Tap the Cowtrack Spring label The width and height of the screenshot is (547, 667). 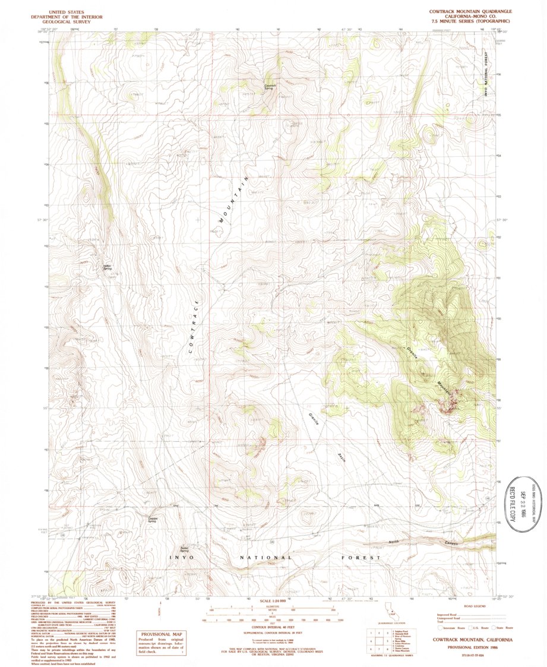pyautogui.click(x=270, y=86)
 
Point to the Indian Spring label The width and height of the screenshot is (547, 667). pyautogui.click(x=107, y=267)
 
